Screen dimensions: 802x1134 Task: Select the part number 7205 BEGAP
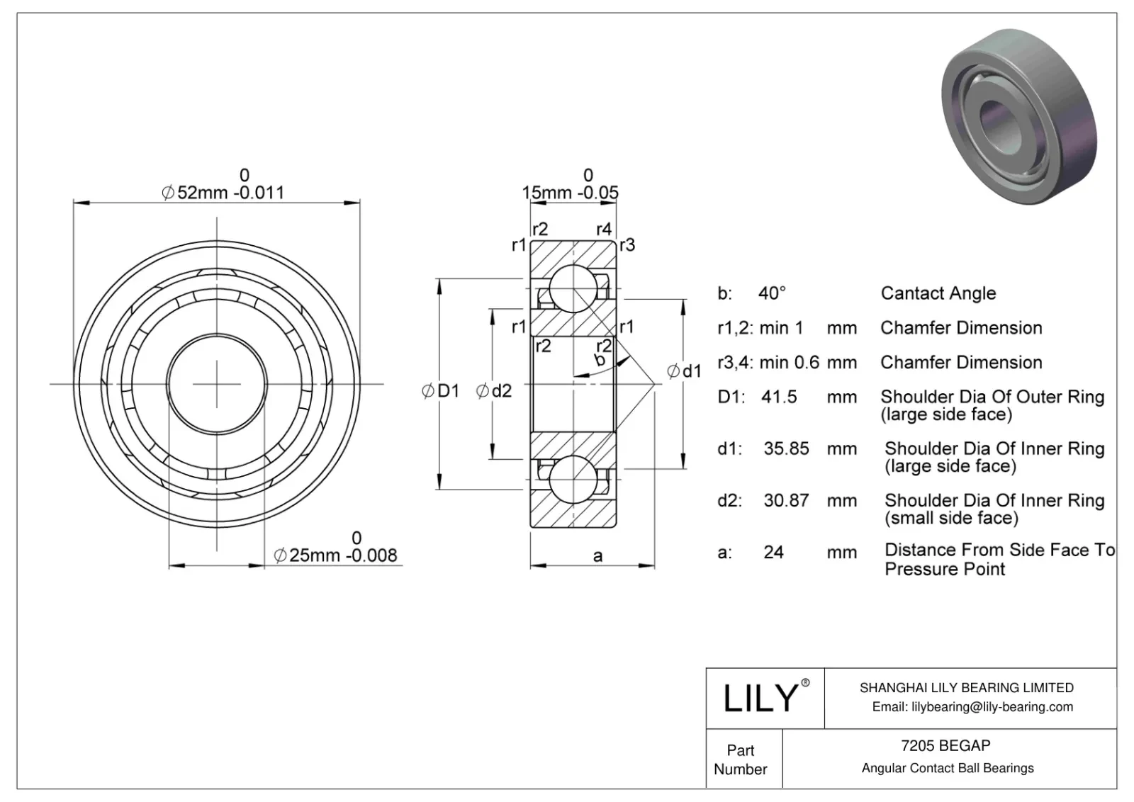point(945,745)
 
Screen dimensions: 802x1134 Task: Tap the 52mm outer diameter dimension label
point(223,193)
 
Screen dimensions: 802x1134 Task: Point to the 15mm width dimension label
point(570,193)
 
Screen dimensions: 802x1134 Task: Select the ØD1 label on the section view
point(441,390)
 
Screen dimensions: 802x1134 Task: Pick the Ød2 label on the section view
point(494,390)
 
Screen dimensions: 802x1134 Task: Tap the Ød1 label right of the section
point(685,371)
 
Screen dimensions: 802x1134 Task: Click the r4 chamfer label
point(603,229)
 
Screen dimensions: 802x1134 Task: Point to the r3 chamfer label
point(627,245)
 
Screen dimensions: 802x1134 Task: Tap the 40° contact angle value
point(772,293)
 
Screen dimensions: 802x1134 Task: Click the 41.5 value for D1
point(779,397)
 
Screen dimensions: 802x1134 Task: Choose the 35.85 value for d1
point(786,448)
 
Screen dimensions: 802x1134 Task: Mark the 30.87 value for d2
point(786,500)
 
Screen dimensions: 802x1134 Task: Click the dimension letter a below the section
point(597,556)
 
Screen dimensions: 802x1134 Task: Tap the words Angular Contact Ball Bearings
point(948,768)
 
